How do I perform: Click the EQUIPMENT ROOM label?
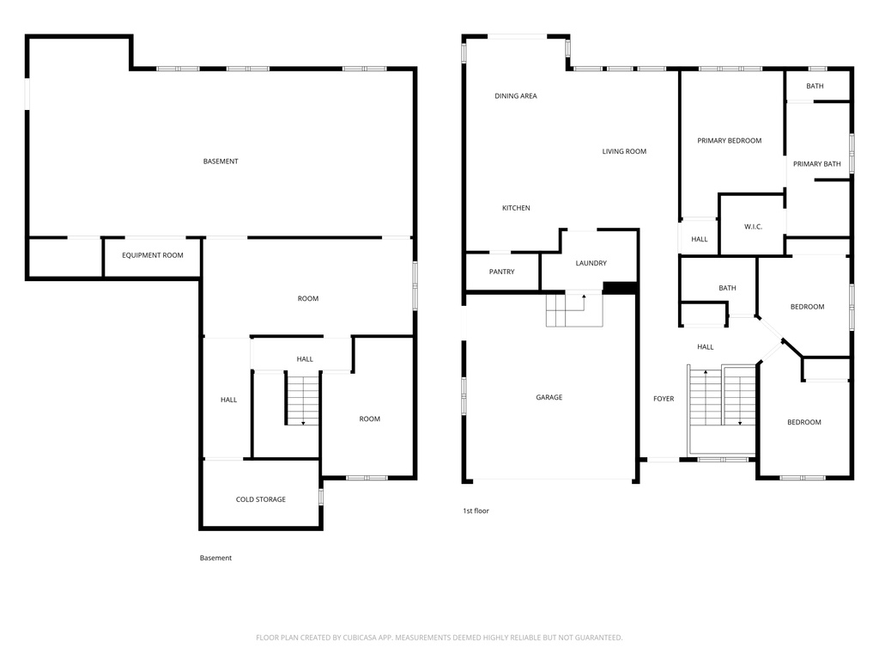click(x=153, y=255)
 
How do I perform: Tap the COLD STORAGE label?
click(x=261, y=499)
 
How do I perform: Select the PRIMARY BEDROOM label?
click(x=730, y=141)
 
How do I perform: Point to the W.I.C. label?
click(x=753, y=227)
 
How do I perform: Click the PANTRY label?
click(x=501, y=272)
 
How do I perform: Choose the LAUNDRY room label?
click(x=591, y=263)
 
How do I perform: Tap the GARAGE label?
click(x=549, y=397)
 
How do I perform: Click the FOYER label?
click(x=664, y=399)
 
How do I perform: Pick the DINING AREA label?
click(x=516, y=96)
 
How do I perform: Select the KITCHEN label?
click(x=516, y=208)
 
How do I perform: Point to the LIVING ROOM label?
click(x=624, y=151)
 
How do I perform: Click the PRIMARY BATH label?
click(x=817, y=164)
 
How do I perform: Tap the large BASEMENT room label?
click(x=221, y=162)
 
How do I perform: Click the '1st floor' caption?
click(x=476, y=510)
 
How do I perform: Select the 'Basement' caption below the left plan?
click(x=215, y=558)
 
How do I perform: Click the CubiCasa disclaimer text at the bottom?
click(x=439, y=638)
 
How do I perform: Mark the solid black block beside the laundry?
click(x=620, y=287)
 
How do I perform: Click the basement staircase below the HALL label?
click(x=303, y=399)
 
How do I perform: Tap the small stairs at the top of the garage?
click(x=574, y=309)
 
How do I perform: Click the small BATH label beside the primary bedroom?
click(x=815, y=87)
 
